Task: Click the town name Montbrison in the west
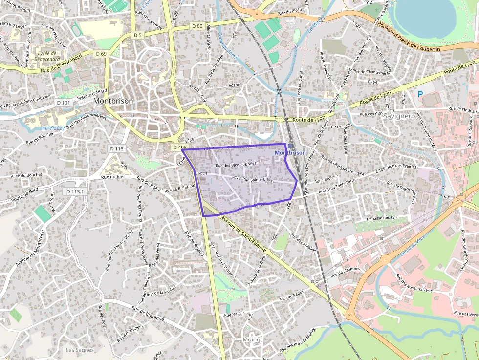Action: pos(113,101)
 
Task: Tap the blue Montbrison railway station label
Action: pos(290,153)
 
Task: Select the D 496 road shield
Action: pos(179,147)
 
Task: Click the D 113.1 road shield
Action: pos(76,191)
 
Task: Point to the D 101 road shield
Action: pos(64,103)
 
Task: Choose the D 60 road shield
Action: pos(197,26)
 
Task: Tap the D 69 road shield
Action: pos(101,53)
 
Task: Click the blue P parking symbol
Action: pos(420,94)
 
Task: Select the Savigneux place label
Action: pos(399,116)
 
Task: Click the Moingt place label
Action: pos(253,339)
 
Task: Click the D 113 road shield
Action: pos(117,148)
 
